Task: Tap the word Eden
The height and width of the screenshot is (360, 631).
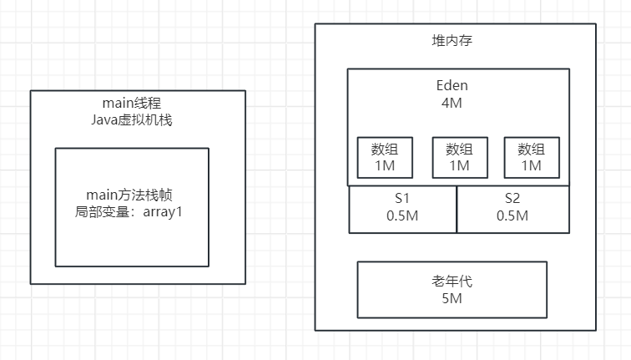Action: tap(452, 85)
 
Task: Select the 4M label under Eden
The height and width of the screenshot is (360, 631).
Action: tap(452, 103)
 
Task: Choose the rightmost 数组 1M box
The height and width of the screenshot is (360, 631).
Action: tap(531, 157)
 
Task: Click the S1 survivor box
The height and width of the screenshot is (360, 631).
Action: tap(402, 209)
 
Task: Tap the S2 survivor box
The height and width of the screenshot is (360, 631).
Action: tap(512, 209)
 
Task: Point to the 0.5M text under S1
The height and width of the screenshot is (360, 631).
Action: tap(402, 215)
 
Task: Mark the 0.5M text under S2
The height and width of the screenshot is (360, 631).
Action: tap(512, 215)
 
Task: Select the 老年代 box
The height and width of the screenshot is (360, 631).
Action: tap(452, 289)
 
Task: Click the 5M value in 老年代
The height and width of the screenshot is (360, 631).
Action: tap(452, 298)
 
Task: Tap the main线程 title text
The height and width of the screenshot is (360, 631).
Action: tap(138, 103)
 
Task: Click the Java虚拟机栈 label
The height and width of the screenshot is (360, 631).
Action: tap(138, 119)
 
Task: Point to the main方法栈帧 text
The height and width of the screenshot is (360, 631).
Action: tap(132, 195)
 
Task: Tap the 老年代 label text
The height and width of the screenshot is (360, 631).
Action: tap(452, 281)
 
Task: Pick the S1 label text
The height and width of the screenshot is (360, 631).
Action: tap(402, 199)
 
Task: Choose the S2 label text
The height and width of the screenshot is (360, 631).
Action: tap(512, 199)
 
